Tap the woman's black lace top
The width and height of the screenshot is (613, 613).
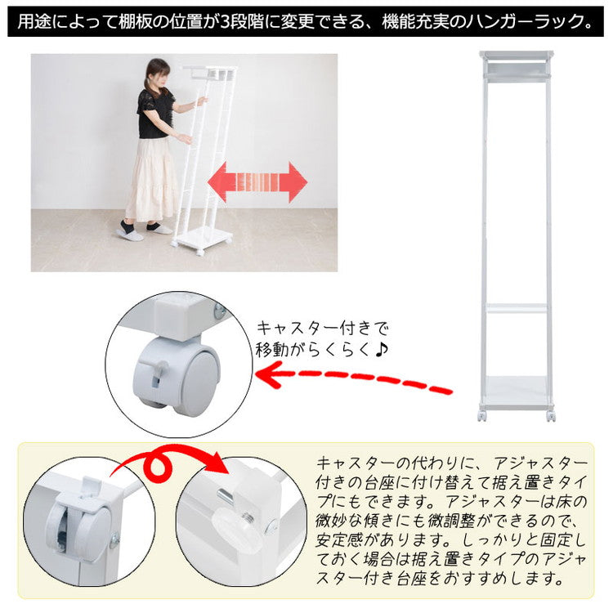tap(155, 114)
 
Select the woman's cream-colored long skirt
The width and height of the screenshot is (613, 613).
tap(151, 179)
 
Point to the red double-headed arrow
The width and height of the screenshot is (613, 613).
tap(257, 182)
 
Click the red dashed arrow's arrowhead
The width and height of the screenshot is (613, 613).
tap(270, 374)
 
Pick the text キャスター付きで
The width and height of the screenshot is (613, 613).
tap(322, 328)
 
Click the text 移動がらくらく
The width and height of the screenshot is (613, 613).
tap(313, 350)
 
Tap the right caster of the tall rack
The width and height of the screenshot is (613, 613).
tap(550, 416)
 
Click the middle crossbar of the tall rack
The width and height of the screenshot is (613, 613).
tap(516, 308)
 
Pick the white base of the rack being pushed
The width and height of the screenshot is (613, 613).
tap(202, 239)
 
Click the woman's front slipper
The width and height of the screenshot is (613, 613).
tap(129, 235)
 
